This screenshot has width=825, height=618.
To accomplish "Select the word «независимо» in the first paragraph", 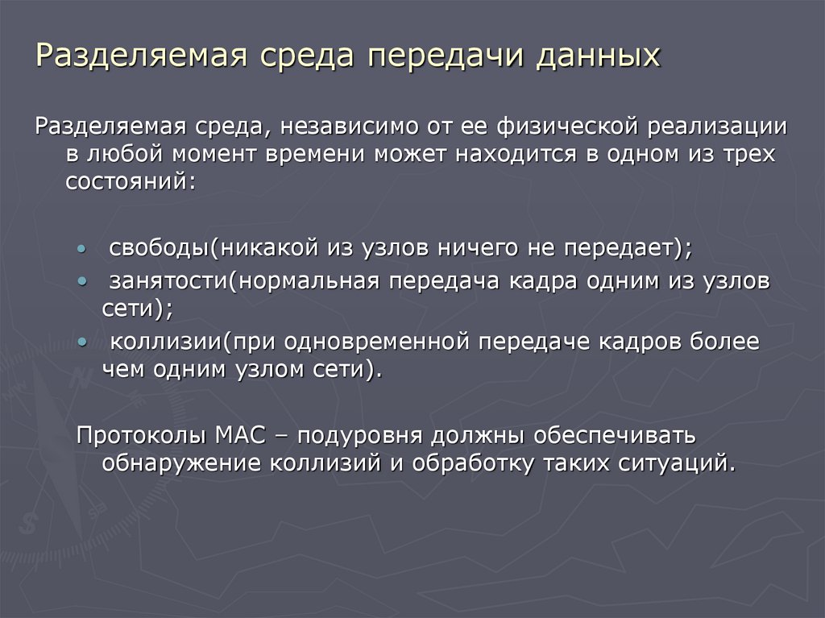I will tap(348, 127).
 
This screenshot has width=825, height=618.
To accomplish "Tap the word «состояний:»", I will tap(130, 180).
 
